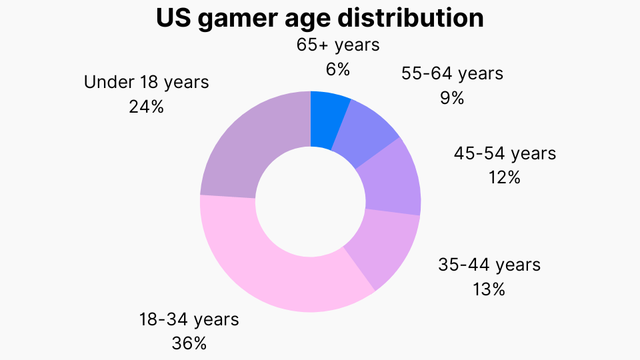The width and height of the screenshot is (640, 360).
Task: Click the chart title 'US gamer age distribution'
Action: (x=320, y=18)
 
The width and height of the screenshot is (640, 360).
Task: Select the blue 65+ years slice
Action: (x=327, y=120)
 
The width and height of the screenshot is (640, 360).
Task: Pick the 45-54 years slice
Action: (x=390, y=178)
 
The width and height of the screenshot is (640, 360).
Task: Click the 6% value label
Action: (x=338, y=69)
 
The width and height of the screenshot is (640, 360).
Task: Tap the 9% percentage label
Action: (x=451, y=98)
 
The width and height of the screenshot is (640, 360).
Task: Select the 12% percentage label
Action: (x=504, y=178)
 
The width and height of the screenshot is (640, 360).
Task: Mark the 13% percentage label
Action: (x=489, y=289)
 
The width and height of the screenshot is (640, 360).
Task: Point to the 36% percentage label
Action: (x=189, y=343)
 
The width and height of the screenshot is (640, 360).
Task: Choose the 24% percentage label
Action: (x=146, y=107)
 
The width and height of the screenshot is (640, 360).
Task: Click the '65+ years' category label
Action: (x=338, y=45)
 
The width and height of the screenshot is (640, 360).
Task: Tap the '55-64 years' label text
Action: (x=452, y=74)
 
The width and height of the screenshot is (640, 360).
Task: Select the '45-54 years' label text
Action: (x=505, y=153)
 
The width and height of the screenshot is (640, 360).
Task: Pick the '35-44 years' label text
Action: (x=489, y=265)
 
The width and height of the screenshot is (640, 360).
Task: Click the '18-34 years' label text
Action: (x=189, y=319)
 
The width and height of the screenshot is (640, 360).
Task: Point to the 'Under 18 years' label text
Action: (x=146, y=82)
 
